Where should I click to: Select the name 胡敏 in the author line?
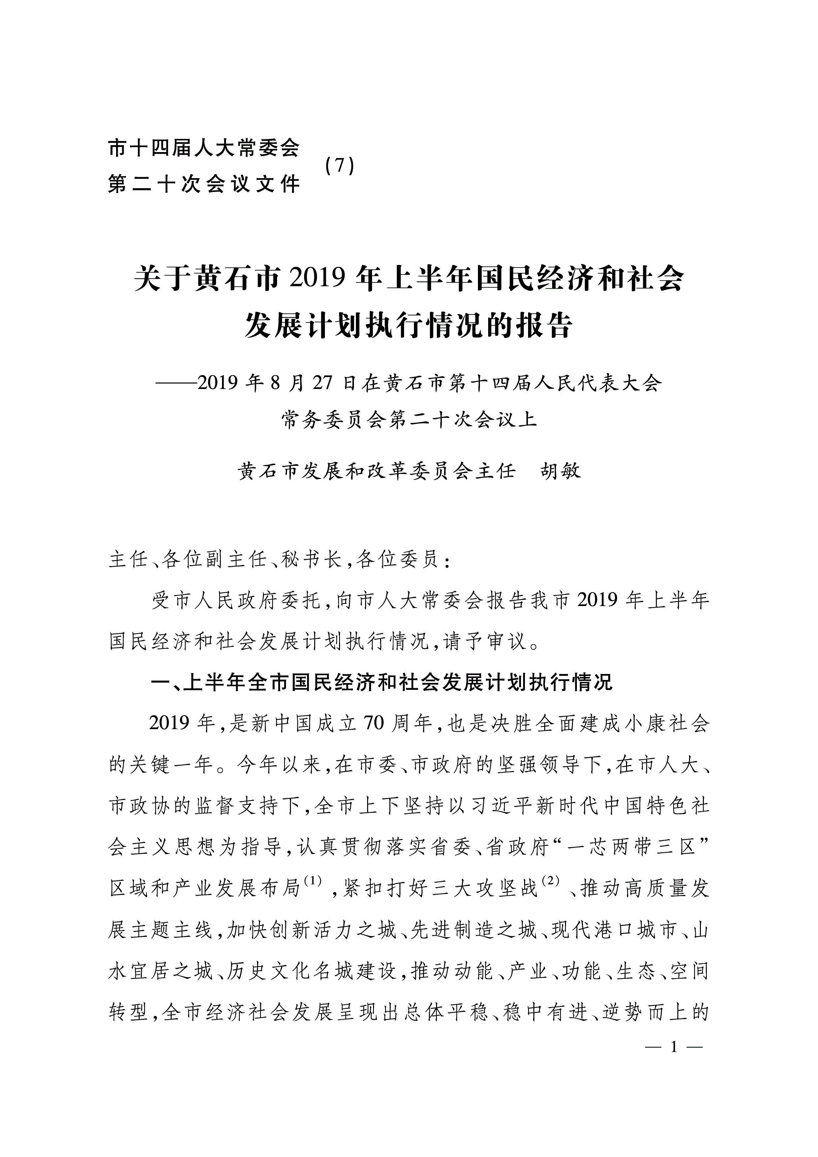tap(561, 471)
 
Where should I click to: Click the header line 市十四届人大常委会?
tap(204, 148)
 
